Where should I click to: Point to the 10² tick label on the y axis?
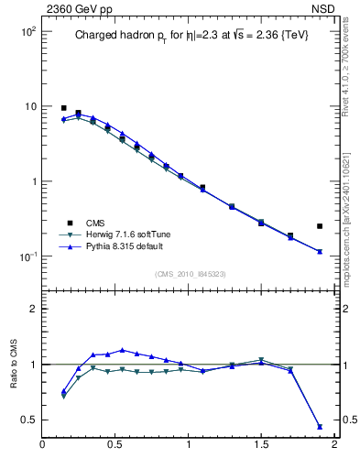[27, 31]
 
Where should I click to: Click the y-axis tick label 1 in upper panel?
[31, 181]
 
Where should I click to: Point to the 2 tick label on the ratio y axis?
[32, 309]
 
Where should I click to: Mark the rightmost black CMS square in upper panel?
[320, 225]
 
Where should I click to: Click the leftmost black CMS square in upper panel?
[63, 108]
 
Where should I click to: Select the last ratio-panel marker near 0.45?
[320, 426]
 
